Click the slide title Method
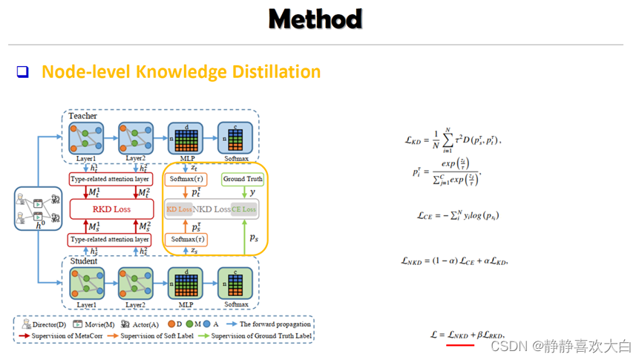(315, 19)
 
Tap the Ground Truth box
(243, 179)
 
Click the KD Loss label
(179, 209)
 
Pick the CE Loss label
(244, 209)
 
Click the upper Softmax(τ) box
(186, 179)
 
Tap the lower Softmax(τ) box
(186, 239)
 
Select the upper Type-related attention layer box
(110, 180)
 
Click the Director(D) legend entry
(45, 324)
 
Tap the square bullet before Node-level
(22, 72)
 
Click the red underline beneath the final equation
(460, 344)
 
